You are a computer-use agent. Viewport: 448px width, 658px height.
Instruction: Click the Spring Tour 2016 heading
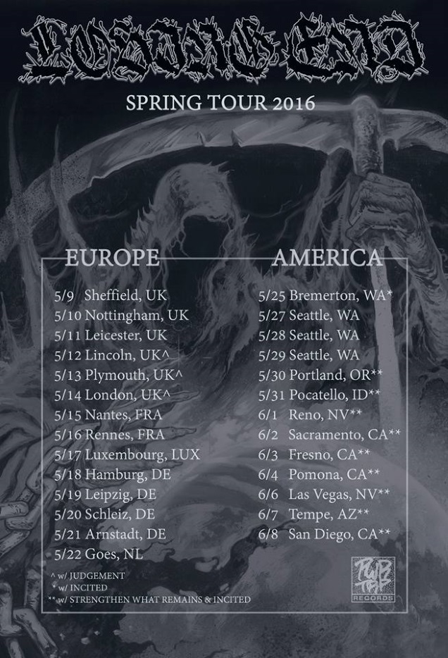(x=220, y=103)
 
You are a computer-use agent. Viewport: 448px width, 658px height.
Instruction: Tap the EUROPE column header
(x=112, y=258)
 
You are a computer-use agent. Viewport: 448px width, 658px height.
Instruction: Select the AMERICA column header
(x=327, y=258)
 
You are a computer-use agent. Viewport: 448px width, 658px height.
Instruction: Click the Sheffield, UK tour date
(x=111, y=295)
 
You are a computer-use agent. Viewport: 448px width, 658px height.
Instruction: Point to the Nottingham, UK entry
(x=121, y=315)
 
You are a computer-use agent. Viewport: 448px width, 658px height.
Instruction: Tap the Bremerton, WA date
(x=325, y=295)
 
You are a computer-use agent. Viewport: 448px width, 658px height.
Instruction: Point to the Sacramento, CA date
(x=330, y=434)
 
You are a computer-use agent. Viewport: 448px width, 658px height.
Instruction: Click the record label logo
(x=373, y=578)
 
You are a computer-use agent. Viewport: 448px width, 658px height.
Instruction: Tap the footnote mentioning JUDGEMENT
(x=88, y=576)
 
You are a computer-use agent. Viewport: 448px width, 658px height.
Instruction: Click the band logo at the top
(x=224, y=51)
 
